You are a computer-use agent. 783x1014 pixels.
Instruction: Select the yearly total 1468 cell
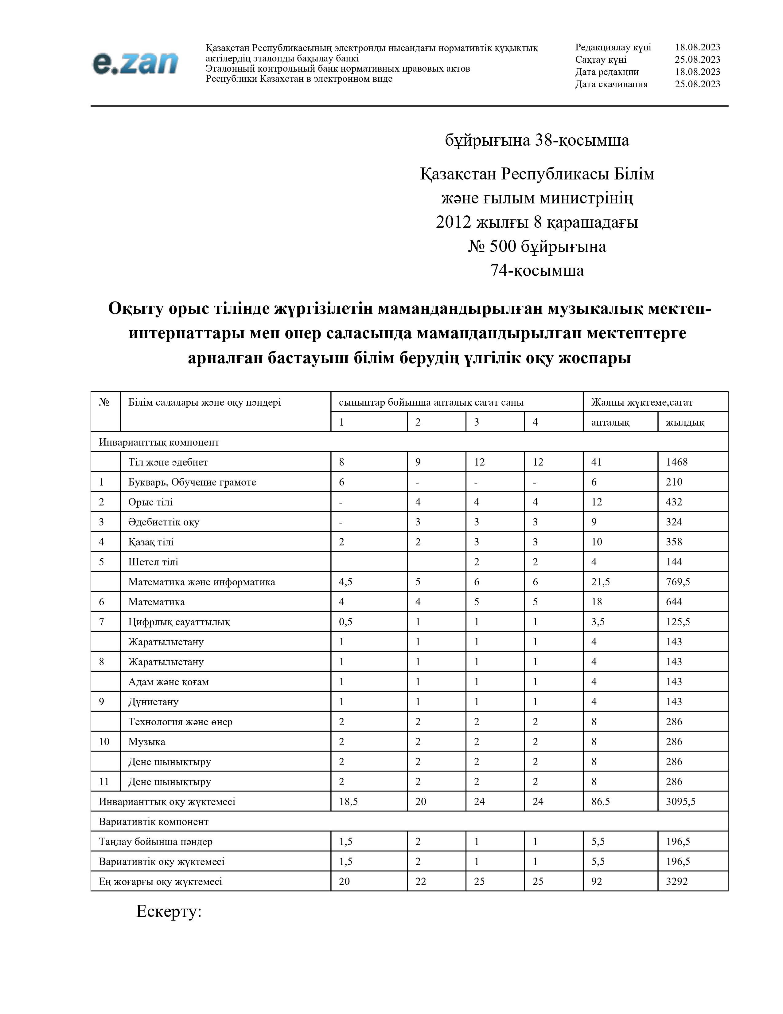coord(676,462)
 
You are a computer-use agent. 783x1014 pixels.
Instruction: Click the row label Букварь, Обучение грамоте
coord(192,482)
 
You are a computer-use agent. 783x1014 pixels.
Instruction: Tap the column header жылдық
coord(685,422)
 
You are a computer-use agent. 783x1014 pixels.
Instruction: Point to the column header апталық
coord(610,422)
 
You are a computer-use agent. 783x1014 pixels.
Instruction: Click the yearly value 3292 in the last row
coord(676,881)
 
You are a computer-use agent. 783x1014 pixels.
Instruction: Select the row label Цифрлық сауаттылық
coord(179,622)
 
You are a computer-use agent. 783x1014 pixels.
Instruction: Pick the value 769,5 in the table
coord(678,582)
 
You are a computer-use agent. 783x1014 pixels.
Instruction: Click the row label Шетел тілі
coord(153,562)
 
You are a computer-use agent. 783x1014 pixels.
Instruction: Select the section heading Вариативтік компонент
coord(154,821)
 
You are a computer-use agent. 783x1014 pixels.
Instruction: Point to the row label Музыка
coord(146,741)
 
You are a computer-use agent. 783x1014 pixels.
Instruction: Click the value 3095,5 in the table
coord(680,801)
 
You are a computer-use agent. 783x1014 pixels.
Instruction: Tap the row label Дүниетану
coord(153,702)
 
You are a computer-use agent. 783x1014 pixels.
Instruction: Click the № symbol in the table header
coord(104,402)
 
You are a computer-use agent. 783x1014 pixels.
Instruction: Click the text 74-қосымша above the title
coord(537,270)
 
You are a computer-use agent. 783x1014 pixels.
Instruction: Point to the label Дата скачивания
coord(611,84)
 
